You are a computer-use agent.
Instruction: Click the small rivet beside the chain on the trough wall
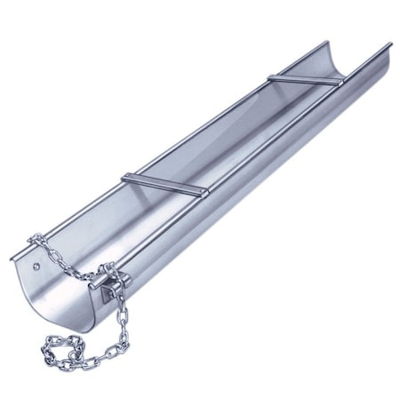pyautogui.click(x=35, y=264)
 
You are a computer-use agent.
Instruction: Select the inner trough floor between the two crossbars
pyautogui.click(x=222, y=133)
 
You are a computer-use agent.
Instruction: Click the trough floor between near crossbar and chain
pyautogui.click(x=116, y=222)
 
